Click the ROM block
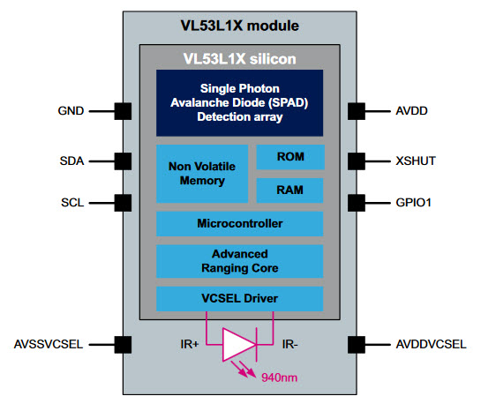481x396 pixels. (290, 157)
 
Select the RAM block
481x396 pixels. (289, 191)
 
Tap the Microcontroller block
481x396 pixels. (239, 224)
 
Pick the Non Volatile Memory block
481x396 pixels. (202, 174)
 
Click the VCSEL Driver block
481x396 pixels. (239, 299)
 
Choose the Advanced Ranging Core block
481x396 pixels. (239, 261)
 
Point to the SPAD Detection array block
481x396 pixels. (239, 103)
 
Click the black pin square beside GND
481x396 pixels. (123, 111)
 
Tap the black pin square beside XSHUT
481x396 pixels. (357, 161)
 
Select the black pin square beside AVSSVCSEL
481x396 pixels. (123, 345)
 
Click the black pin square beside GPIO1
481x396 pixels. (357, 203)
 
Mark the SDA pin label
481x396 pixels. (71, 161)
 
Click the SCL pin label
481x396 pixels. (72, 203)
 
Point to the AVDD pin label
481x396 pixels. (411, 110)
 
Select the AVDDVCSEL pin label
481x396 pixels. (431, 344)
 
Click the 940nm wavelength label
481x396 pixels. (279, 377)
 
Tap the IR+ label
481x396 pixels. (190, 344)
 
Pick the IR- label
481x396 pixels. (289, 344)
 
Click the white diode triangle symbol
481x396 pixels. (238, 345)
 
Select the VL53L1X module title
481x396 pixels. (239, 26)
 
